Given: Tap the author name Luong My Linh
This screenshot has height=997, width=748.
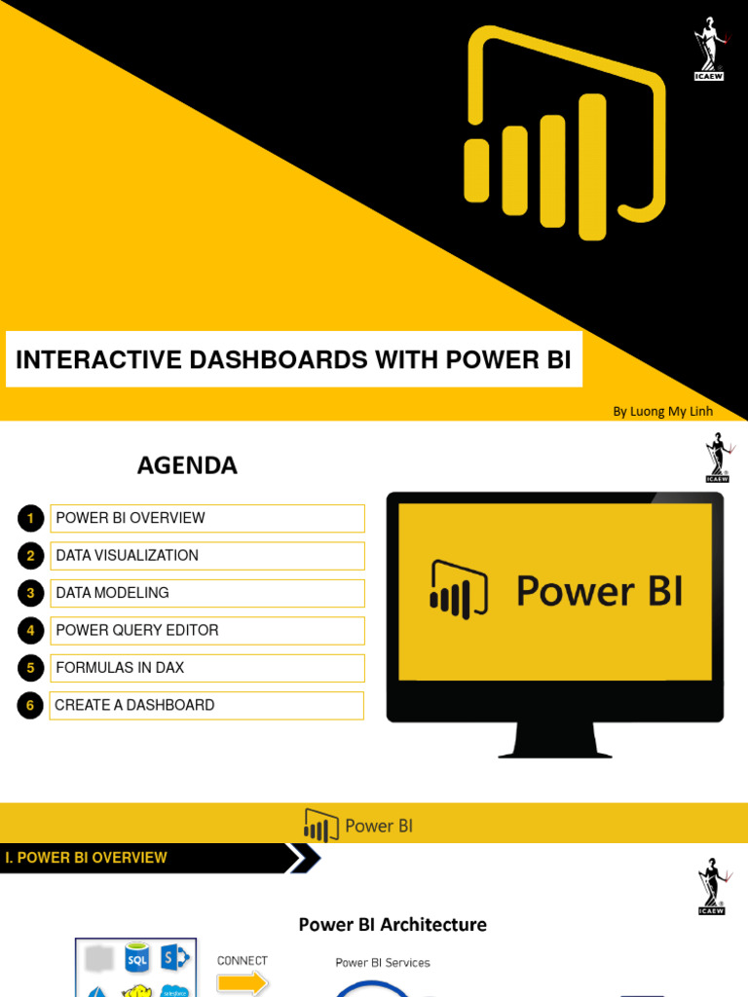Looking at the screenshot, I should click(662, 411).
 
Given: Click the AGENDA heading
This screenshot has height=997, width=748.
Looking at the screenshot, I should click(187, 465).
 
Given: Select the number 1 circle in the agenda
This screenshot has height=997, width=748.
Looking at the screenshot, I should click(31, 518).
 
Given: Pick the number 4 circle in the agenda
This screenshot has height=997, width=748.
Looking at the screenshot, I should click(31, 631).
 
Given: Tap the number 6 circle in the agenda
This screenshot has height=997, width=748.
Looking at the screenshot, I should click(31, 706).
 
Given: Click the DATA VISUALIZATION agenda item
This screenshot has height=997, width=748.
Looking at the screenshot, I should click(128, 555).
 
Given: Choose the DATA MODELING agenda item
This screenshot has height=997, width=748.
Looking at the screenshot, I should click(113, 593).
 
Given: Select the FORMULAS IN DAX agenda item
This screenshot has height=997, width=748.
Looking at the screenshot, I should click(120, 668).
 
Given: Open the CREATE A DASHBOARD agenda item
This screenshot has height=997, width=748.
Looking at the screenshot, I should click(134, 705).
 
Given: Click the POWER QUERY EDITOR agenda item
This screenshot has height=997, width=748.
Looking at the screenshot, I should click(137, 630).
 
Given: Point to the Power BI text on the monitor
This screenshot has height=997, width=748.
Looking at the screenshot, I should click(599, 591).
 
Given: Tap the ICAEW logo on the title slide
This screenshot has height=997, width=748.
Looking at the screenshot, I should click(709, 49).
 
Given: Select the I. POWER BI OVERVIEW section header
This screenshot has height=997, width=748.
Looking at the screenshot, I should click(87, 858).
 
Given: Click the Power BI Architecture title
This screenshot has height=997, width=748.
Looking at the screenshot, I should click(393, 924).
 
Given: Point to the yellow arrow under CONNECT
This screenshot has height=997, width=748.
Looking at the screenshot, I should click(243, 983).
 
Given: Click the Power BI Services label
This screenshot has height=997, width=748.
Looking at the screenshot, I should click(383, 963).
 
